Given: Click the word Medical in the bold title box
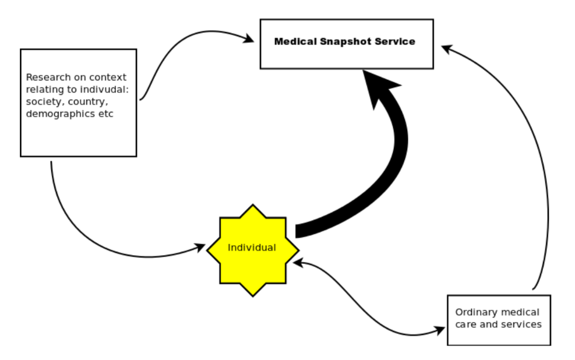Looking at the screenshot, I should click(295, 41).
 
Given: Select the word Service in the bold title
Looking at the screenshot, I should click(395, 41).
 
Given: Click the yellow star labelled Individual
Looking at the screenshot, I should click(252, 249).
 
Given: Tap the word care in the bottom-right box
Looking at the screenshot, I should click(465, 324).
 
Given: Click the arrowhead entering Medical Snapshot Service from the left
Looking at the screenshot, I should click(249, 39).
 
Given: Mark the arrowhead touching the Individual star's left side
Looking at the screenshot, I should click(200, 248).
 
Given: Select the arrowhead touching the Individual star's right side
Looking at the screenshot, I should click(298, 263).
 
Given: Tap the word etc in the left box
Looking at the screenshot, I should click(106, 114).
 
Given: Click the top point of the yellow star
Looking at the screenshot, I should click(252, 206).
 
